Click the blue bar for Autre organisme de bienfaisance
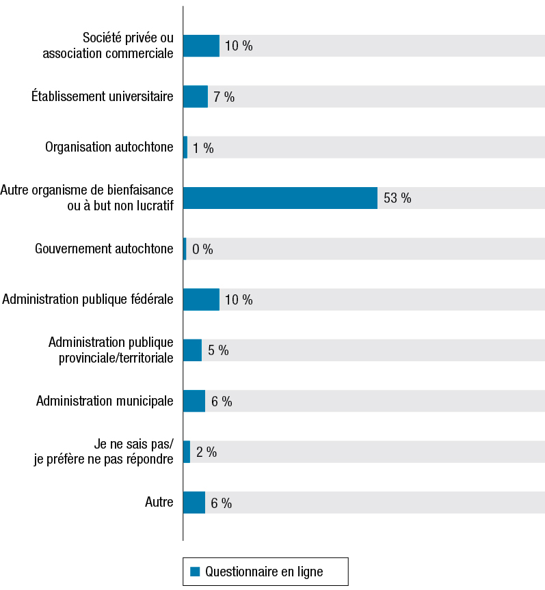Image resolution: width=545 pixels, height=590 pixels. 280,198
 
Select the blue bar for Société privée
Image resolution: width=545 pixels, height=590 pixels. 201,46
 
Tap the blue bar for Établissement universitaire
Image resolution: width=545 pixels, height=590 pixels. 196,97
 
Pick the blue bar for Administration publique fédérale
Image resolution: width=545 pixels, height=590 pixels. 201,299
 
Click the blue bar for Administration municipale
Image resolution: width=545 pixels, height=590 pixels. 194,401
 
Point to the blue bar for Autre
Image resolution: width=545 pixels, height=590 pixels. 194,503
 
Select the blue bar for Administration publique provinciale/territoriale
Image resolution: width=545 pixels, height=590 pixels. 192,350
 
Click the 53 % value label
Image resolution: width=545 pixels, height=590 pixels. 397,198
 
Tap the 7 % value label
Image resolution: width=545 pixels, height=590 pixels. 224,97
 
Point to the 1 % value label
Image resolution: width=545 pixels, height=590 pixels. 203,147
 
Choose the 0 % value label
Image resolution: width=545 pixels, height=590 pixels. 202,249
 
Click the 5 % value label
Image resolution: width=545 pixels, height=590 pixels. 218,350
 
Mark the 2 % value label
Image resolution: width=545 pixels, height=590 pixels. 206,452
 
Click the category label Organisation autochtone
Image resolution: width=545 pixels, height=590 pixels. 109,147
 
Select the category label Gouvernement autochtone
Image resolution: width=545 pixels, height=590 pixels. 104,249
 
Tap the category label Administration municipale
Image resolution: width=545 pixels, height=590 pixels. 105,401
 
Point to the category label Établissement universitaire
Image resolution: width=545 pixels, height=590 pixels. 103,97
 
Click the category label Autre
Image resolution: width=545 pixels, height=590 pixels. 159,503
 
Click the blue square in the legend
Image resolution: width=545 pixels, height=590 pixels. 194,572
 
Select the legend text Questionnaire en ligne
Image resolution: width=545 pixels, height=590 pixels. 264,572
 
